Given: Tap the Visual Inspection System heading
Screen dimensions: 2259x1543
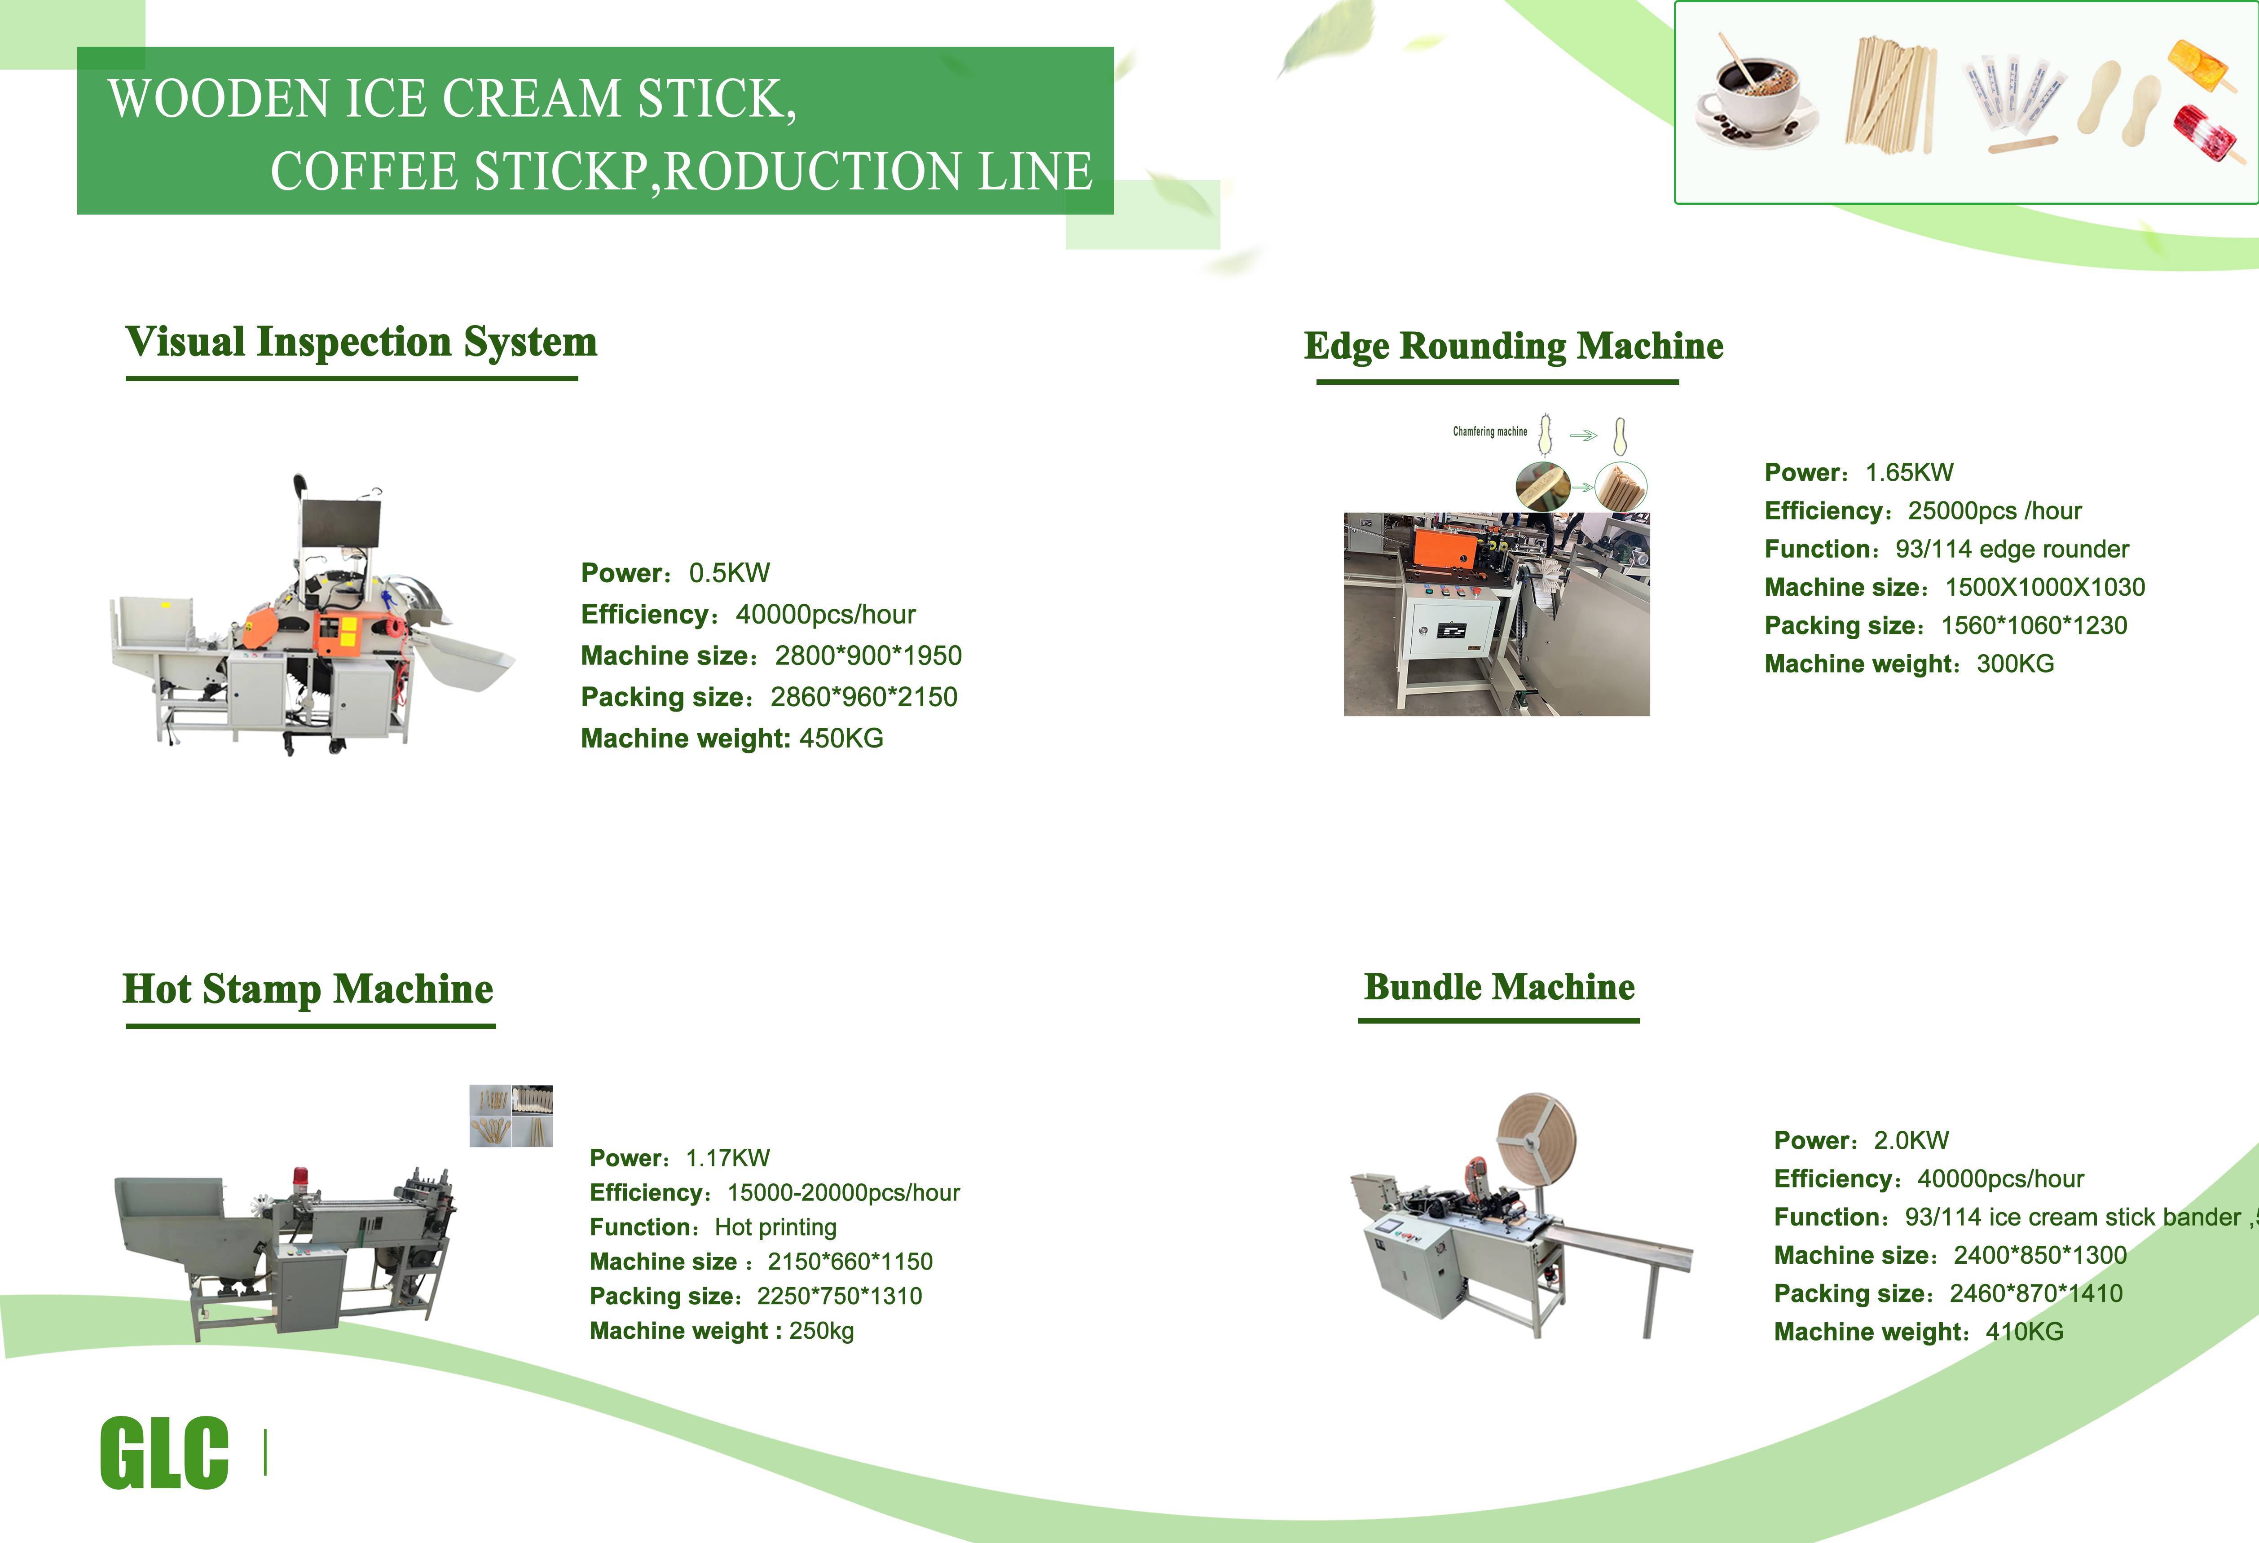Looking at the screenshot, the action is click(361, 342).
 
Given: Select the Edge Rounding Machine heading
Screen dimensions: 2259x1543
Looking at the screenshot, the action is click(1514, 346).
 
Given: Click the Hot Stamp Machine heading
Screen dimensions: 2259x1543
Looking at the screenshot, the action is click(308, 989).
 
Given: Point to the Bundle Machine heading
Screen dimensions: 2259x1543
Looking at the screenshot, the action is click(1499, 987).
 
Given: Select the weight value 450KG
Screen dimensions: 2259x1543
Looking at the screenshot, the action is click(841, 739).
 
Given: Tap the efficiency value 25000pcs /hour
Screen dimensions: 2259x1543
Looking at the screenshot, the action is click(1995, 511).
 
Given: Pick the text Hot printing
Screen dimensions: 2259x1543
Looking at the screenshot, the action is click(776, 1227).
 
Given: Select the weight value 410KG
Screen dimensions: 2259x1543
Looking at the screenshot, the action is click(2024, 1332).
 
